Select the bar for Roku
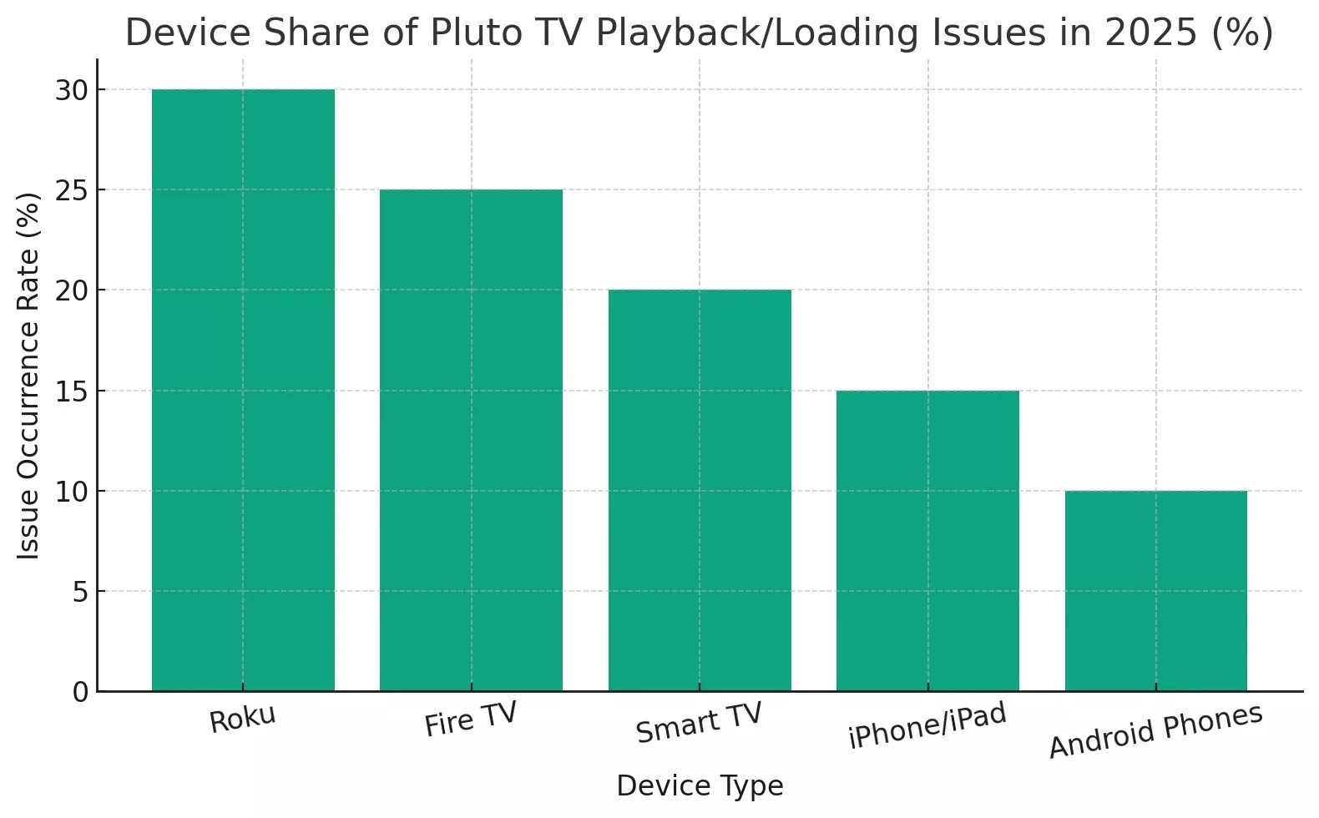[243, 390]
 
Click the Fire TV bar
[471, 440]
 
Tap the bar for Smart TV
[700, 490]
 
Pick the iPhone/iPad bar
[927, 540]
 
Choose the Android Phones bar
[1156, 590]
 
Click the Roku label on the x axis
[242, 720]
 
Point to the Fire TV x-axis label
[471, 720]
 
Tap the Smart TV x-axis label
[699, 723]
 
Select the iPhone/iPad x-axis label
[927, 725]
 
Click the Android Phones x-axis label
[1155, 731]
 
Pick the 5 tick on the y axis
[80, 592]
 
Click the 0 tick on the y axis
[80, 692]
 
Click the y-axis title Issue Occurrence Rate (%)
[29, 376]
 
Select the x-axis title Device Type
[700, 785]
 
